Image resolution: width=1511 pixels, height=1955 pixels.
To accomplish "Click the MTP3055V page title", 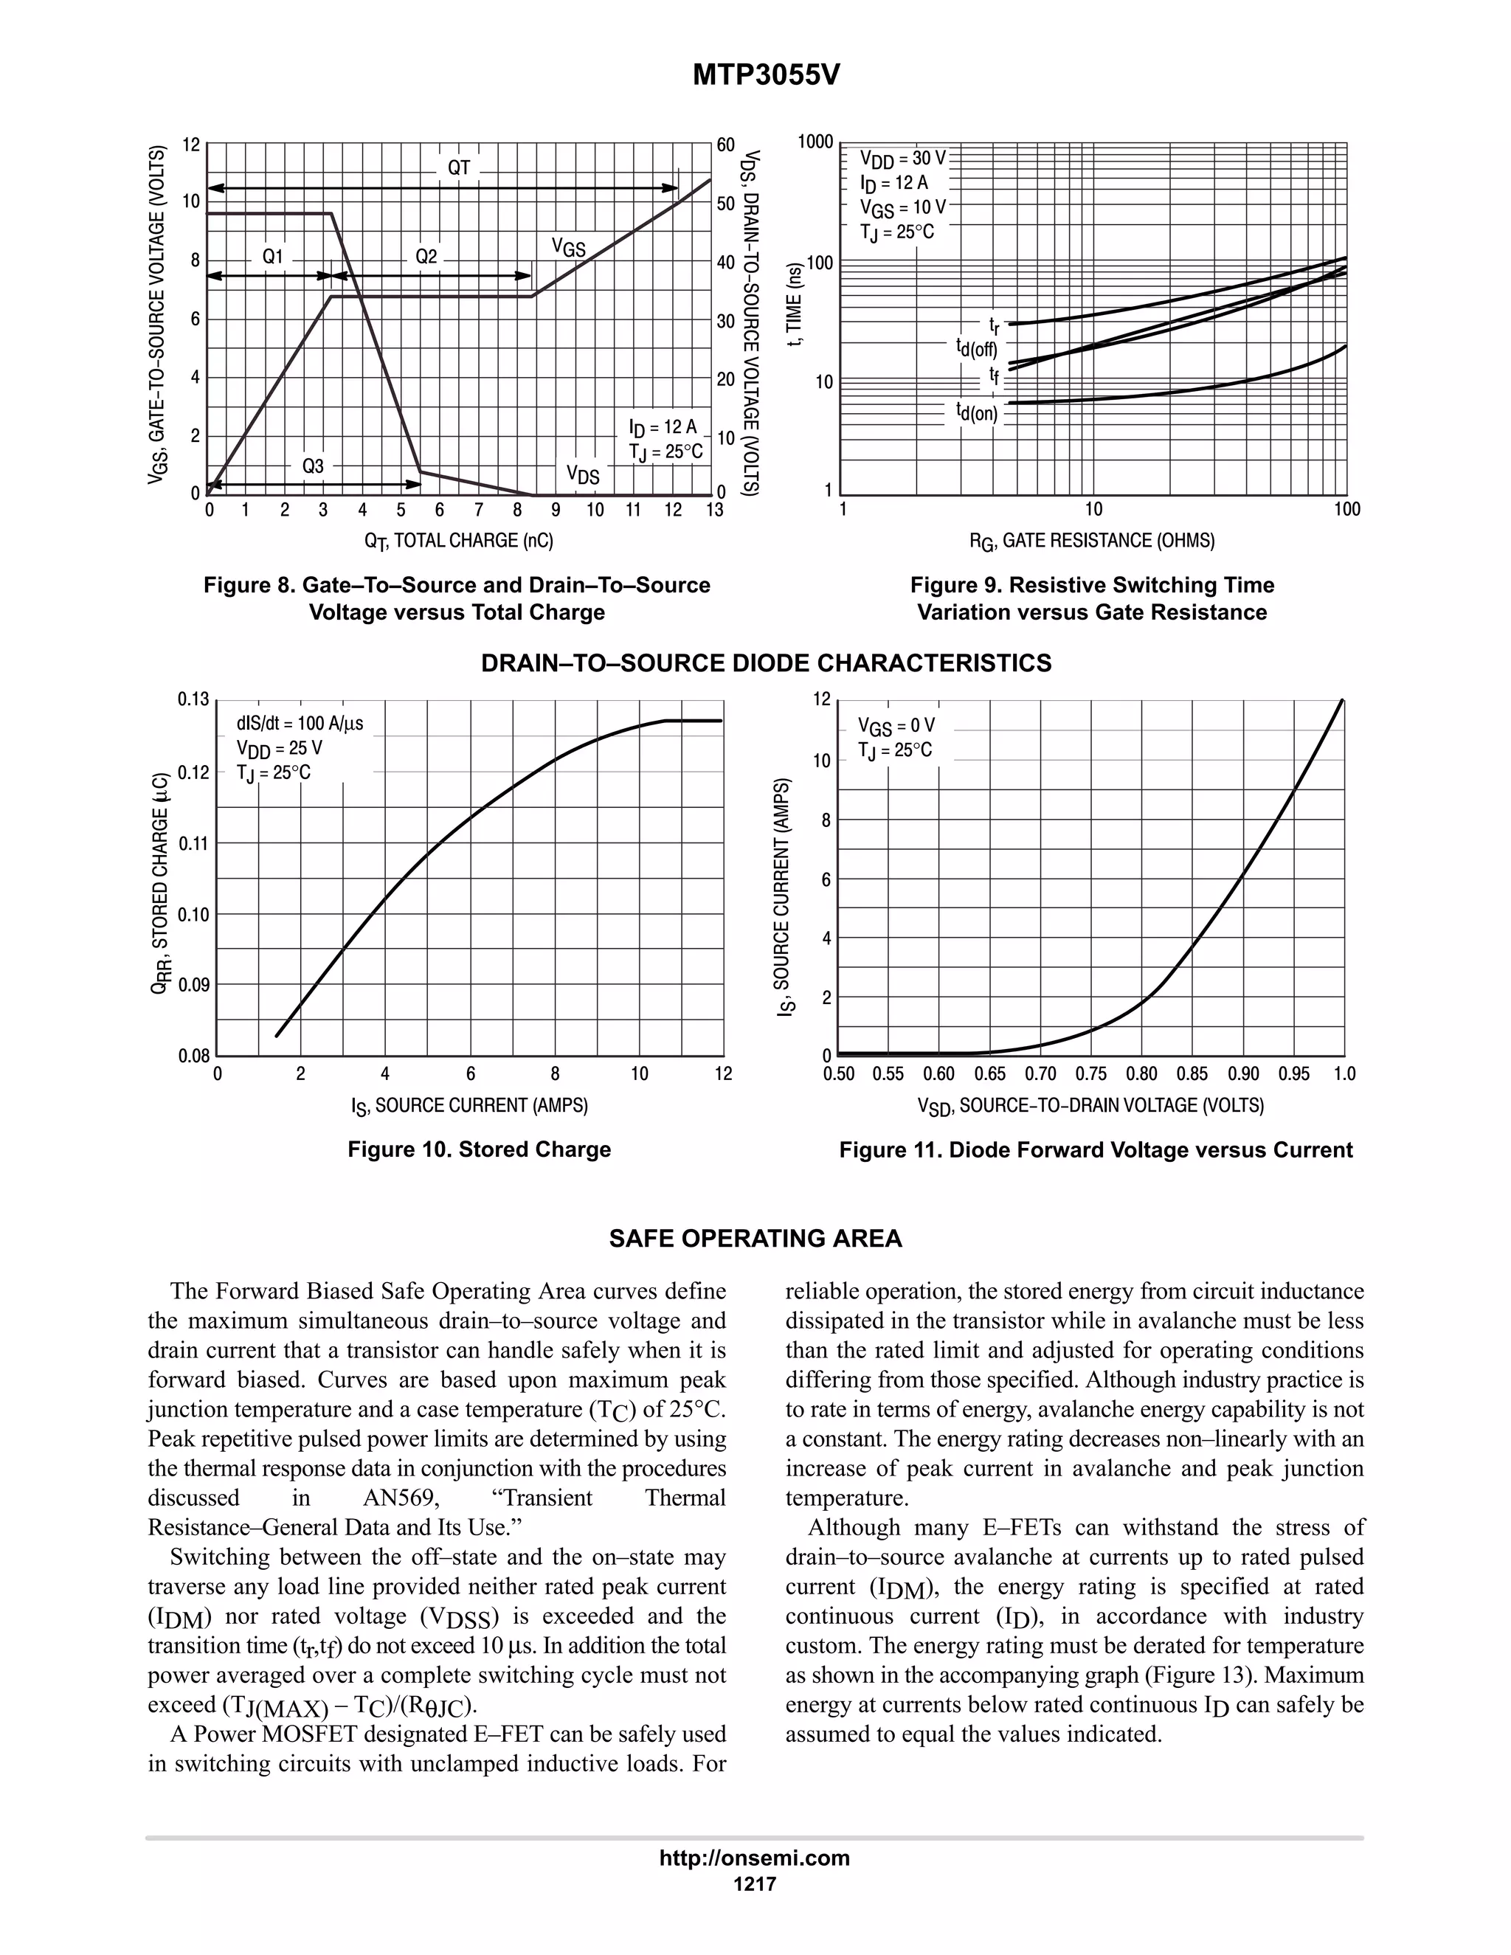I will [x=767, y=76].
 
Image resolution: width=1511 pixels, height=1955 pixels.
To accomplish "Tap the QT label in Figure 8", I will [x=458, y=167].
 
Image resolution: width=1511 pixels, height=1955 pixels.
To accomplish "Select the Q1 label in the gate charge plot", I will [x=273, y=257].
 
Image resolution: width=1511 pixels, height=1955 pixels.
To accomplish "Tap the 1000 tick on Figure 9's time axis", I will [x=815, y=142].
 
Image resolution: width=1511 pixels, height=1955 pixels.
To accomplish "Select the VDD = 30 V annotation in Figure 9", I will [x=902, y=159].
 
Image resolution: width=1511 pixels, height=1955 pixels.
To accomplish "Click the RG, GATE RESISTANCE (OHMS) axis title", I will [x=1092, y=541].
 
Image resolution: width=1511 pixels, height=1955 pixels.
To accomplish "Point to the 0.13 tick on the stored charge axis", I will [x=193, y=700].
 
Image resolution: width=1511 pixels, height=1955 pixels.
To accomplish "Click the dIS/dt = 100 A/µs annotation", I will [x=300, y=723].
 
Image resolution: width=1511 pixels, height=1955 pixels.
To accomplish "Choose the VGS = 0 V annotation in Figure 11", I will [x=896, y=725].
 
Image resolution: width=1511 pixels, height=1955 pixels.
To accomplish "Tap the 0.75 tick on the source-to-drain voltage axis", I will [x=1091, y=1074].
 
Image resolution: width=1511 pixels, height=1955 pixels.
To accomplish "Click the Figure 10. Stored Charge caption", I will [x=479, y=1149].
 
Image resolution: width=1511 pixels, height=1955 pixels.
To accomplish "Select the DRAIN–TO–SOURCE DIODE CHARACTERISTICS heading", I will [x=767, y=663].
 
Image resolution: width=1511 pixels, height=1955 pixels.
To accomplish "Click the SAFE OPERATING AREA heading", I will [x=755, y=1239].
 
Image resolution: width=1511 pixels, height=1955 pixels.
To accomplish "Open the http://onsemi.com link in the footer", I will [x=755, y=1858].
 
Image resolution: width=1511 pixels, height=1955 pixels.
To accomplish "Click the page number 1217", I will [x=755, y=1883].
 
